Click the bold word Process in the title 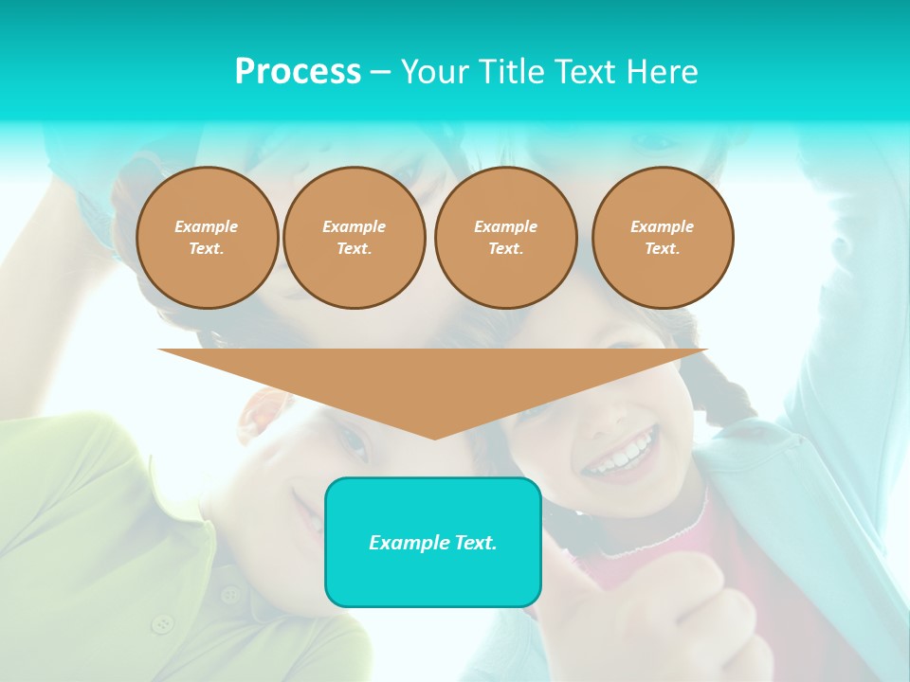pos(298,72)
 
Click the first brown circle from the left pos(208,238)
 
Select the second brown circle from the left pos(355,238)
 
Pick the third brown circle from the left pos(506,238)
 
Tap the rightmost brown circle pos(663,238)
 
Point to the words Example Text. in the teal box pos(433,543)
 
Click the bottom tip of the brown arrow pos(434,438)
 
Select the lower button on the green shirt pos(164,623)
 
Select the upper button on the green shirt pos(230,594)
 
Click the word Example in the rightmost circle pos(663,226)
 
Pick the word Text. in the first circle pos(207,249)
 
